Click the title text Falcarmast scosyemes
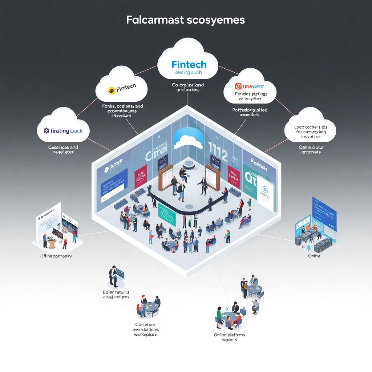pyautogui.click(x=186, y=20)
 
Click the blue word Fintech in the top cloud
pyautogui.click(x=189, y=65)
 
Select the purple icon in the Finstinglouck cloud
pyautogui.click(x=46, y=130)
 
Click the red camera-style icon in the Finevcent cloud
pyautogui.click(x=238, y=86)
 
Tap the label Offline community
pyautogui.click(x=56, y=256)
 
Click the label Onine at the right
pyautogui.click(x=314, y=256)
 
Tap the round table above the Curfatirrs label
pyautogui.click(x=150, y=307)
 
